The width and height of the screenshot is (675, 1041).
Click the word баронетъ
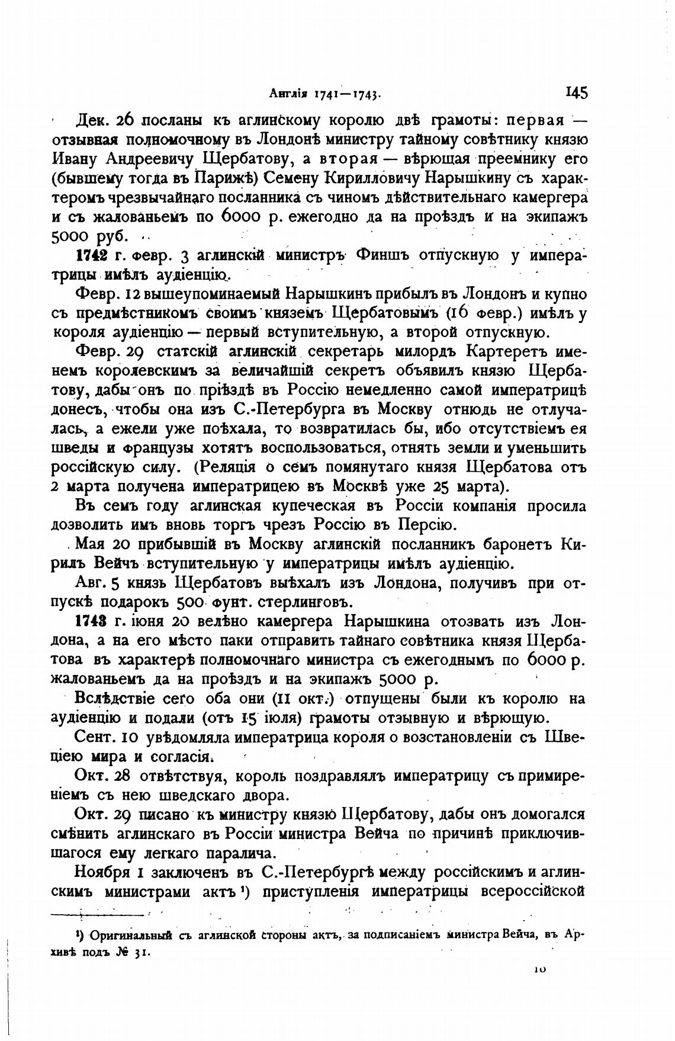tap(519, 544)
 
